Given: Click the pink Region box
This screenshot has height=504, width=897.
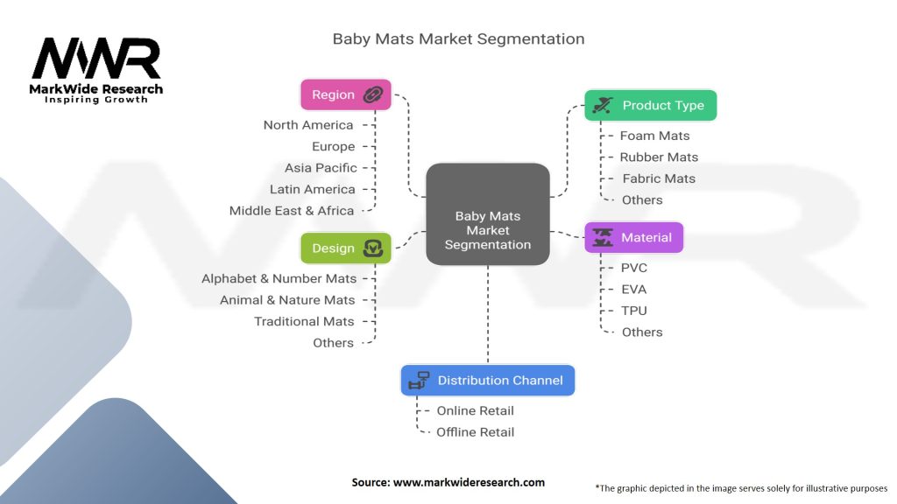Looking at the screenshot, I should click(345, 94).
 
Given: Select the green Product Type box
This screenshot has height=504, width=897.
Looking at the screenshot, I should click(650, 105).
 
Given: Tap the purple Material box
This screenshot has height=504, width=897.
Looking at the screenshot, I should click(633, 237).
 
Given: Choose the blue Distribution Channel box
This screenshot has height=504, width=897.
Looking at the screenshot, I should click(488, 380).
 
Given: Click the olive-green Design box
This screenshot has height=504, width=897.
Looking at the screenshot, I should click(345, 248).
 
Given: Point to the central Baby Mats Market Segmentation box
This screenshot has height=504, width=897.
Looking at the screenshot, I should click(487, 230).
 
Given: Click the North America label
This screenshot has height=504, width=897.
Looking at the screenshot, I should click(308, 125).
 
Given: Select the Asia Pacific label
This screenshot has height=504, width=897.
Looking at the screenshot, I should click(321, 168).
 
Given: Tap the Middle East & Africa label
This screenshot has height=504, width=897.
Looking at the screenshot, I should click(292, 211).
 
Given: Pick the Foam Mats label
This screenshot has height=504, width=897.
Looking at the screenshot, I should click(654, 136).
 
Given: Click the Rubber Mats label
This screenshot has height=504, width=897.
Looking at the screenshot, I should click(659, 157).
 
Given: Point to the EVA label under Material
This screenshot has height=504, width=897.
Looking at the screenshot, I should click(634, 289).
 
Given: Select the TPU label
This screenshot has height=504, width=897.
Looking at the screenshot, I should click(634, 311).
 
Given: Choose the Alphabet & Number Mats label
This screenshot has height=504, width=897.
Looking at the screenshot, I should click(279, 278).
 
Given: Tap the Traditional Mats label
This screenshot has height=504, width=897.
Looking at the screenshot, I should click(304, 321).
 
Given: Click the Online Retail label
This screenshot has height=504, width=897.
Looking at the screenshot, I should click(476, 410).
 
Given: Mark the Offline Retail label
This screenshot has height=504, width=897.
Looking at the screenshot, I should click(476, 432).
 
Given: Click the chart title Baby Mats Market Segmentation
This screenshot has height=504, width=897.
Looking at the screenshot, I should click(458, 39).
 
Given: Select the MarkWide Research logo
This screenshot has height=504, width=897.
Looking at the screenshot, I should click(96, 70).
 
